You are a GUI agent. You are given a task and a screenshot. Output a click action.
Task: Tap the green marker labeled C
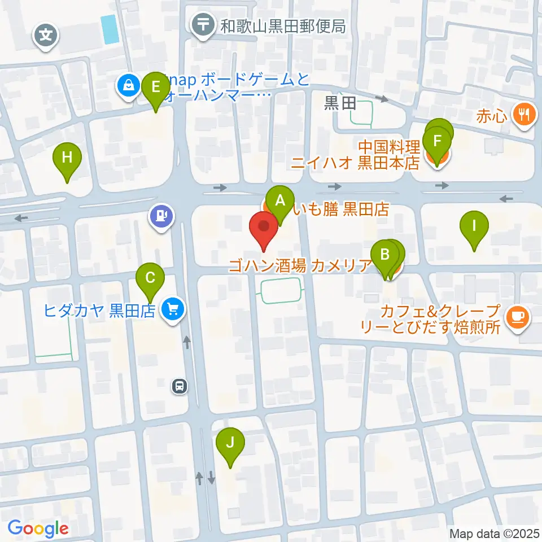coord(150,278)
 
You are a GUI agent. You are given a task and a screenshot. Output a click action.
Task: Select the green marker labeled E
coord(156,88)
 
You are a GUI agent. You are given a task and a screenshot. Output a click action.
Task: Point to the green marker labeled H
coord(67,158)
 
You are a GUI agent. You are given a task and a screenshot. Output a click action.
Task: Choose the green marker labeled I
coord(474,226)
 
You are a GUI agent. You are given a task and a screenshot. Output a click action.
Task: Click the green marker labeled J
coord(230,442)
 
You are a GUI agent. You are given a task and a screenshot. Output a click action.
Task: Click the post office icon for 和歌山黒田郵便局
coord(202,25)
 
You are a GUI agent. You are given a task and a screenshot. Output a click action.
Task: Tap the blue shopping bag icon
coord(129,86)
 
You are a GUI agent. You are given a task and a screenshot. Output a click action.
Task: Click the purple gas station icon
coord(161,216)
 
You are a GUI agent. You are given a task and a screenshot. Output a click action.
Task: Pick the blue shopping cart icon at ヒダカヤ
coord(173,309)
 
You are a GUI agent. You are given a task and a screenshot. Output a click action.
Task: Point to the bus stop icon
coord(180,387)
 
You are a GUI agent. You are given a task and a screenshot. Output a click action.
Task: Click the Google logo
coord(38,529)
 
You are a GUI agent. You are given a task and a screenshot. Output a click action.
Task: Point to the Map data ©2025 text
coord(494,534)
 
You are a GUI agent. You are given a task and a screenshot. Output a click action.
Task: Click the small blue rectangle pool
coord(110,29)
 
